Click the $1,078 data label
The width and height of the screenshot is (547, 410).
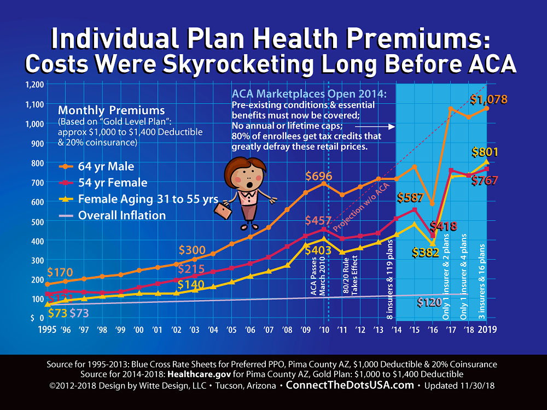pyautogui.click(x=488, y=100)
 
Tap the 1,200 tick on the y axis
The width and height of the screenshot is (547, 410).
pyautogui.click(x=33, y=84)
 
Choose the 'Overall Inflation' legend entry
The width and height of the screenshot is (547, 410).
pyautogui.click(x=121, y=215)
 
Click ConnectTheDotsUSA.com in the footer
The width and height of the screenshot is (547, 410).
pyautogui.click(x=350, y=385)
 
